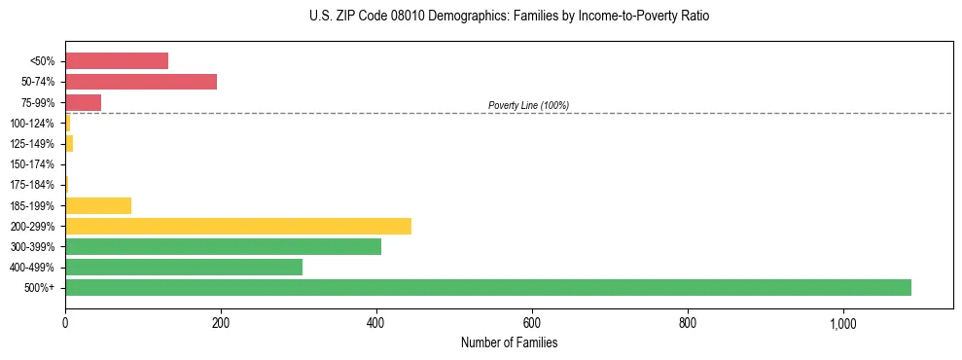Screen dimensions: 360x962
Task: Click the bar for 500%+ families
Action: (x=488, y=287)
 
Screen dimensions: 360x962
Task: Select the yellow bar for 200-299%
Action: (x=238, y=226)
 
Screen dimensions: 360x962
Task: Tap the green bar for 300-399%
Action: (x=223, y=246)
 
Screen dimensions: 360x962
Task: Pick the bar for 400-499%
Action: (x=184, y=267)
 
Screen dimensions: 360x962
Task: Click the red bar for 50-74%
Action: (x=141, y=82)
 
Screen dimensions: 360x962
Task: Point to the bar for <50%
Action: (x=117, y=61)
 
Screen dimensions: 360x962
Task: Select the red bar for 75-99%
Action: (x=84, y=102)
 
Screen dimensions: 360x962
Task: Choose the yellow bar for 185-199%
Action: (x=98, y=205)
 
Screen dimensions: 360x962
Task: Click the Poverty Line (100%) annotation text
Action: (x=528, y=105)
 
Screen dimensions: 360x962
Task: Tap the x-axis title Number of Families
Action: (x=509, y=342)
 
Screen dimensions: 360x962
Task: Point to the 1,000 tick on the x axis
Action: (x=842, y=323)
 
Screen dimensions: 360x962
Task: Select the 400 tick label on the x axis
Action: (x=376, y=323)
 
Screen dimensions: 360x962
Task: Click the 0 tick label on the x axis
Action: (x=65, y=323)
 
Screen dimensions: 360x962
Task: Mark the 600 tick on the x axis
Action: (x=532, y=323)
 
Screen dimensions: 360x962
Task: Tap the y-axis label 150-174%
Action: (x=32, y=164)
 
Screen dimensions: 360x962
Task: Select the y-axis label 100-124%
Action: (x=32, y=124)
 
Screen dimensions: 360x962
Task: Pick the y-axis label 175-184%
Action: (x=32, y=185)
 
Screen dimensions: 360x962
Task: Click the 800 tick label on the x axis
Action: (x=688, y=323)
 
